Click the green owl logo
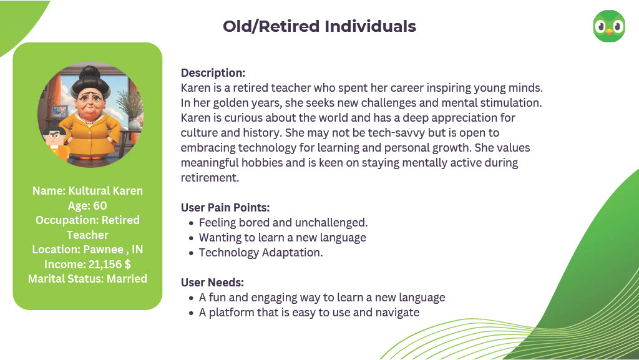click(x=609, y=27)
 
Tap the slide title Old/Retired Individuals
click(x=319, y=26)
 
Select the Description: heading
click(x=213, y=73)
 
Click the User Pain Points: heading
click(x=225, y=208)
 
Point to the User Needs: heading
click(x=212, y=282)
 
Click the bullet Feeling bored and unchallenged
click(x=283, y=223)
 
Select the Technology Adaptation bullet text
click(x=260, y=253)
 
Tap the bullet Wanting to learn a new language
click(x=283, y=238)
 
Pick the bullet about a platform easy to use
click(x=309, y=313)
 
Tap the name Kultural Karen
click(x=105, y=190)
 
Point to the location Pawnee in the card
click(x=104, y=249)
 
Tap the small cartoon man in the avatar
click(x=56, y=145)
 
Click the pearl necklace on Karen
click(x=89, y=120)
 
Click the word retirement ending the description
click(x=210, y=178)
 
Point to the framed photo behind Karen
click(x=59, y=111)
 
